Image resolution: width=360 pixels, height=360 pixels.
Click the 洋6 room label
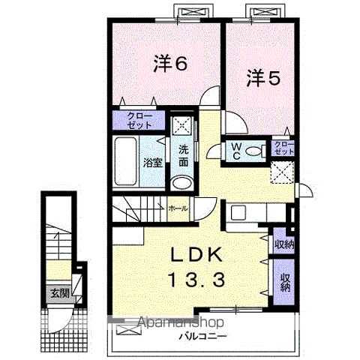(170, 63)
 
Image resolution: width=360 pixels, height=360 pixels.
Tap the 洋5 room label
(264, 78)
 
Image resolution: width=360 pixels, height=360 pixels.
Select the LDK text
(196, 255)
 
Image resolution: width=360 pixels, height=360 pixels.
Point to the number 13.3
(197, 280)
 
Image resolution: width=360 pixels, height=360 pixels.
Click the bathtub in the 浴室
(126, 161)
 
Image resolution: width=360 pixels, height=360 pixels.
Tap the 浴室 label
(153, 163)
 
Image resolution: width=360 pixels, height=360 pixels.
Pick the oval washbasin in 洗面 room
(182, 183)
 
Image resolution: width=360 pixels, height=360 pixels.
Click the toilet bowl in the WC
(254, 151)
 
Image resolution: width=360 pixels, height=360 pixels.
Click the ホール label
(178, 208)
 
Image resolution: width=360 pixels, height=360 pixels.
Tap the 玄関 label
(60, 293)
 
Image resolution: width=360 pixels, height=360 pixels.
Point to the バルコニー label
(203, 336)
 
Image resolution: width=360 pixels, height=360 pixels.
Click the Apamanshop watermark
(181, 322)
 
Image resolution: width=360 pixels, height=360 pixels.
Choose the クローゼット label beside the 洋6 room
(139, 121)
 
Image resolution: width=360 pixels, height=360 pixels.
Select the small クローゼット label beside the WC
(283, 148)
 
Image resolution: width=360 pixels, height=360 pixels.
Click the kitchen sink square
(239, 212)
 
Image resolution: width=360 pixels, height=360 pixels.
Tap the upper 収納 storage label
(284, 244)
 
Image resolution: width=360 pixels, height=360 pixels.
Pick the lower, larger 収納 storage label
(285, 283)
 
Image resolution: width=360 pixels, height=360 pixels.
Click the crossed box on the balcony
(129, 329)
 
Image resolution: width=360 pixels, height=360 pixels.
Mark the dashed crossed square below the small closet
(282, 172)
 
